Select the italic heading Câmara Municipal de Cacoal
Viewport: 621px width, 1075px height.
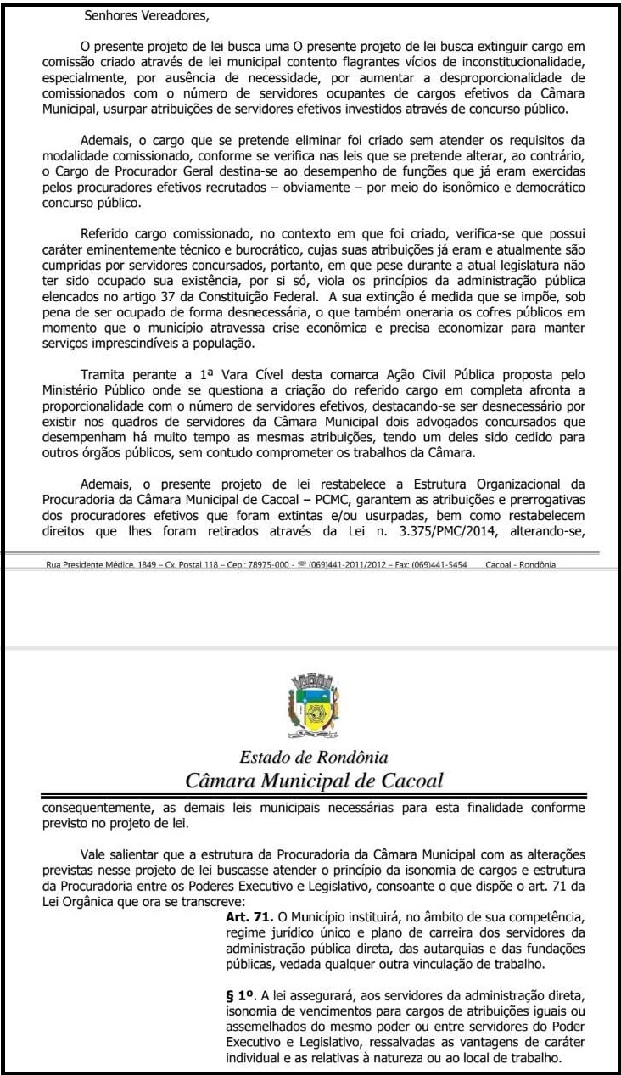coord(313,780)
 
